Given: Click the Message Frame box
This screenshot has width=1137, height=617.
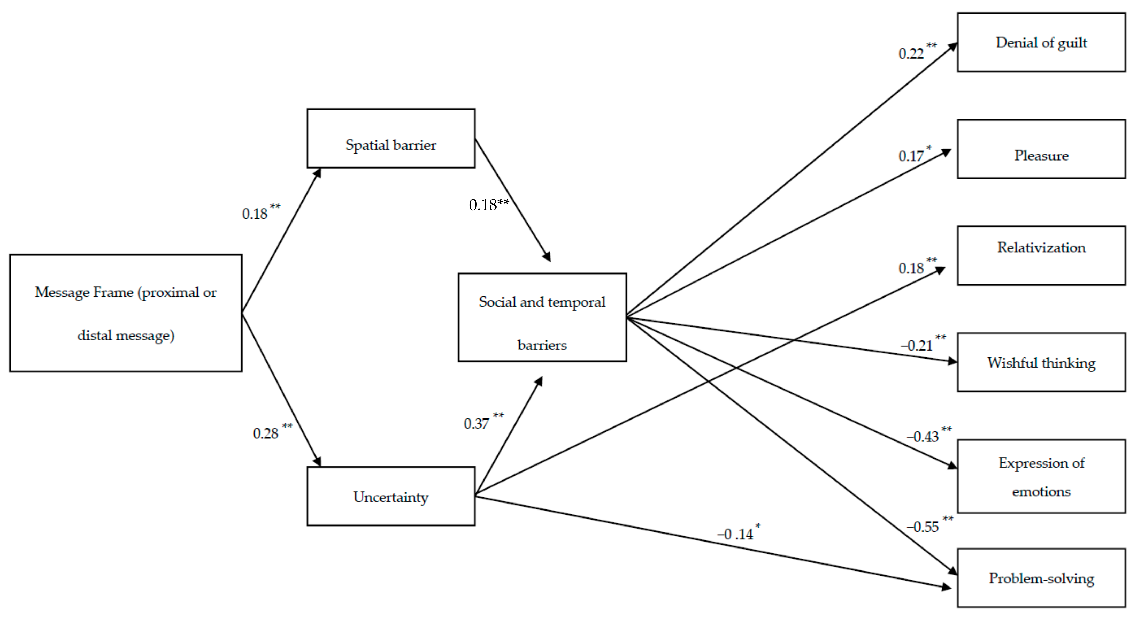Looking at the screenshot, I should (x=126, y=313).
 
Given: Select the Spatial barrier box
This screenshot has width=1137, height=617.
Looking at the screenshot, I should (x=391, y=138).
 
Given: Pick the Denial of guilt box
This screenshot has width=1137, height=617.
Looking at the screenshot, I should (x=1041, y=42).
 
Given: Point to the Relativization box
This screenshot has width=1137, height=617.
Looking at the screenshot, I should (x=1041, y=255).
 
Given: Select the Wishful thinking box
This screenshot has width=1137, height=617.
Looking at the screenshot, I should (x=1041, y=362).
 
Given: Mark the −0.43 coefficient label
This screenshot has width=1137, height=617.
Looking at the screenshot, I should (x=923, y=436).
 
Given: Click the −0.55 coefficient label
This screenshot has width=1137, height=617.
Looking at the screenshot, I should (x=923, y=527).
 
